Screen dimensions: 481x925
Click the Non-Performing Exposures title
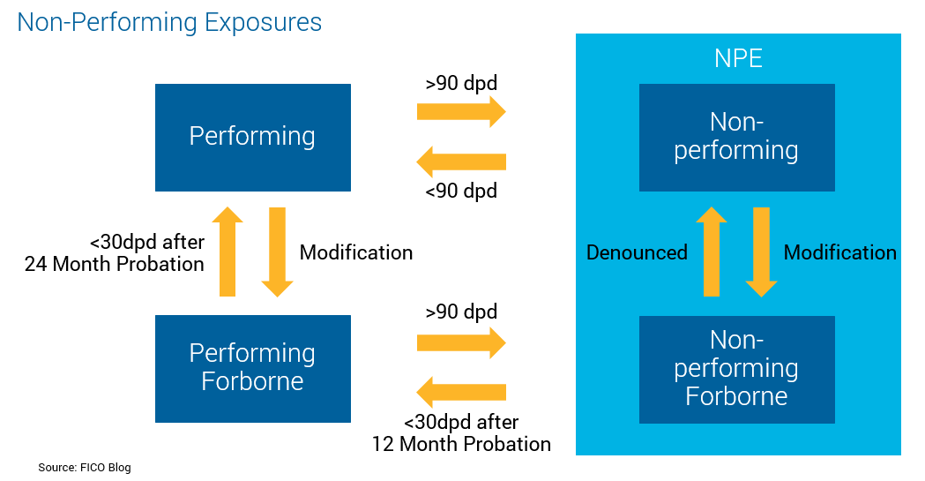169,22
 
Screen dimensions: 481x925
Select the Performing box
252,137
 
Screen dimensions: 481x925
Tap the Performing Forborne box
252,367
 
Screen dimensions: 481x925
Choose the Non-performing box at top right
736,137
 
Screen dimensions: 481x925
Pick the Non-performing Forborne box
736,368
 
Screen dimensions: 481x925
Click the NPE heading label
738,59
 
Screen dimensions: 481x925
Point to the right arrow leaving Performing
461,112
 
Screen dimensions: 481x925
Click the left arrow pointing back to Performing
461,162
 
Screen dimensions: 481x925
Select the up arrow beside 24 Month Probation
228,252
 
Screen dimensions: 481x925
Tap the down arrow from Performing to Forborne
277,252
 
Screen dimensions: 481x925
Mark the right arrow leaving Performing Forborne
461,342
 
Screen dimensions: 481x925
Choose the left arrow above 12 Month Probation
461,392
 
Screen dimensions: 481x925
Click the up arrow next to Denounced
712,252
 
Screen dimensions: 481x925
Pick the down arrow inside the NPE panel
761,252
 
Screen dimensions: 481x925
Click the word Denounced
637,252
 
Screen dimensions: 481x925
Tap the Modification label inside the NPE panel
839,252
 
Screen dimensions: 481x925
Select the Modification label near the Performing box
356,252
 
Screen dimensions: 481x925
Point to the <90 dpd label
461,191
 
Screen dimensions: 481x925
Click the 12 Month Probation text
461,444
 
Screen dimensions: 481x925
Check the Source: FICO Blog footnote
85,467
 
